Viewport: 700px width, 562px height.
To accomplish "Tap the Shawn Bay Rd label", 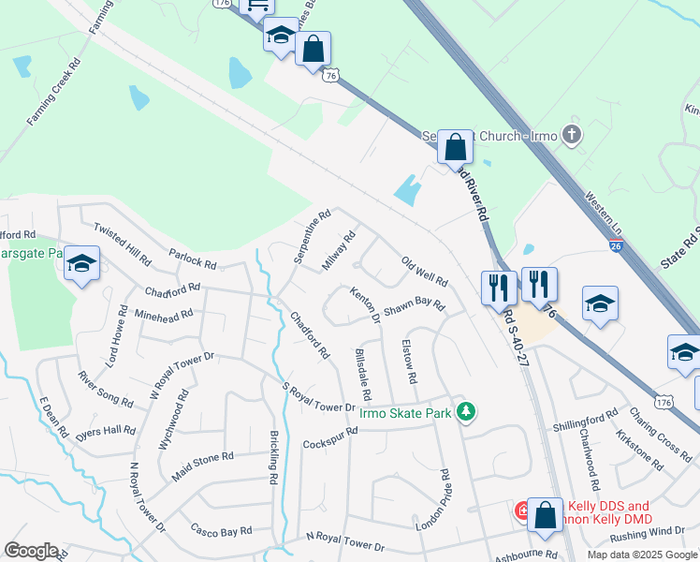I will [x=413, y=304].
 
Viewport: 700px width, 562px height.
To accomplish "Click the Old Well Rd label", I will [x=424, y=271].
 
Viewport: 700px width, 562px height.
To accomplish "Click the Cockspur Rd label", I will [x=330, y=436].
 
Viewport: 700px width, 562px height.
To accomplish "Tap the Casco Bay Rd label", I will [x=221, y=530].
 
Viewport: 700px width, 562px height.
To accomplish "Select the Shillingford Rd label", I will [x=585, y=419].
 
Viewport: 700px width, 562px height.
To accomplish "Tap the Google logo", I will [x=31, y=551].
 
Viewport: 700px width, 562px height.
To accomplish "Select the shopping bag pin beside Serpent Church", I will [x=455, y=147].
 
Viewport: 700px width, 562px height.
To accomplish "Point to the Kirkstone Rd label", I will [x=640, y=444].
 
